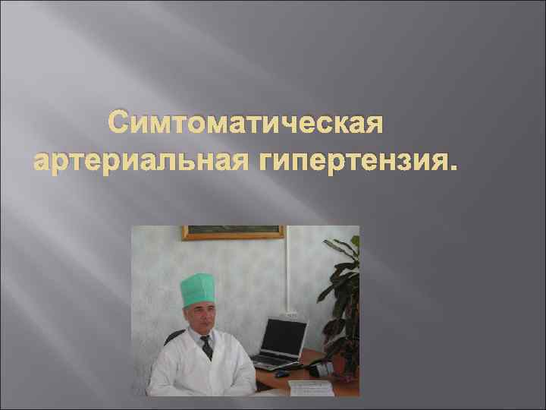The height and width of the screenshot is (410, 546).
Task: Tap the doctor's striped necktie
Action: [x=207, y=348]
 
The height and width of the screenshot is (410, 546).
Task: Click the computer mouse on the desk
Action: [x=281, y=374]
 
